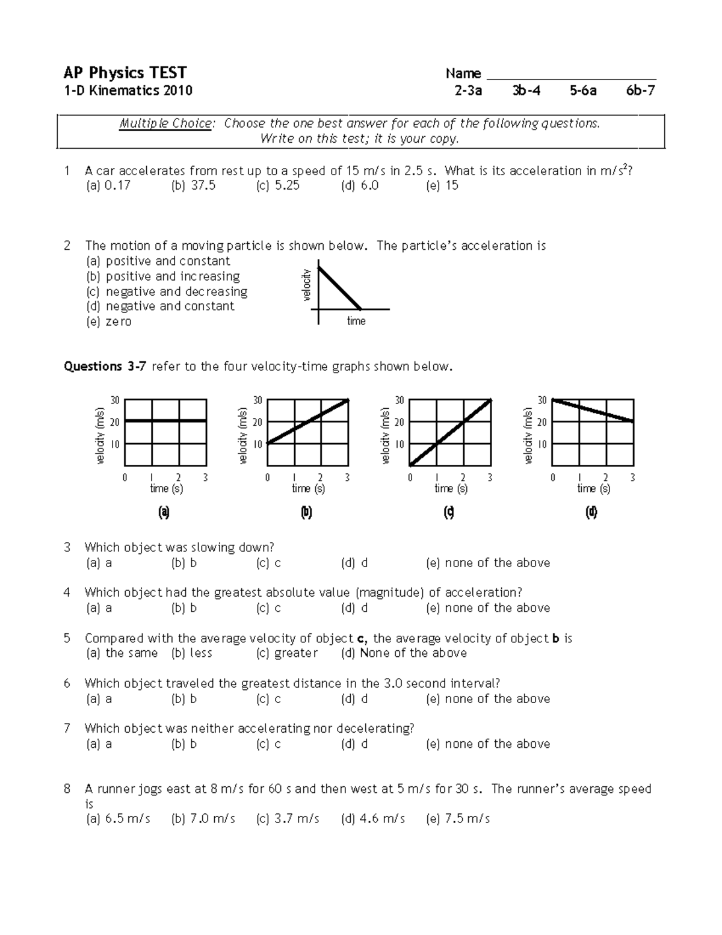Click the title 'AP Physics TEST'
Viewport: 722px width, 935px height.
coord(125,73)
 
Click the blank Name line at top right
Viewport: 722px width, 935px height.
coord(570,76)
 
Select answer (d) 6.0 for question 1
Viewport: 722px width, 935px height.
coord(360,185)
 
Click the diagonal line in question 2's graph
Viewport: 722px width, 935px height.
coord(339,288)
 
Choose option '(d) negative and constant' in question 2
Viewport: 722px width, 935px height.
coord(160,306)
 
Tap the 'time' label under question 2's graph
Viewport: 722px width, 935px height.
coord(356,321)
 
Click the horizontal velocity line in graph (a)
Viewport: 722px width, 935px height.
coord(165,420)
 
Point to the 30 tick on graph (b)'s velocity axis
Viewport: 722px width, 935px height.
coord(258,400)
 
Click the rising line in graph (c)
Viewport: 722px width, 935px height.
coord(451,432)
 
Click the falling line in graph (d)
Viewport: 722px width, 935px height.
coord(593,410)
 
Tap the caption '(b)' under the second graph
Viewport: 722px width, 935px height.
coord(306,512)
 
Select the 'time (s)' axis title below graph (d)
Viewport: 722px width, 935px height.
coord(593,488)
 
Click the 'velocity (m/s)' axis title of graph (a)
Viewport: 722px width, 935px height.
coord(100,435)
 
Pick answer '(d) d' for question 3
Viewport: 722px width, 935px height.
coord(354,563)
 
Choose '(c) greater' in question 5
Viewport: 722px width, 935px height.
coord(287,653)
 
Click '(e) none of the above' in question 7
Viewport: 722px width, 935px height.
coord(488,744)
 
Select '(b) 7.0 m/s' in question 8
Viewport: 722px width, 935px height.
coord(203,819)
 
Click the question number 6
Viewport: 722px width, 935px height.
coord(67,683)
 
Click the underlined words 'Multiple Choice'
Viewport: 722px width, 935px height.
coord(165,123)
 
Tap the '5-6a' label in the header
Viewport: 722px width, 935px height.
coord(583,91)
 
